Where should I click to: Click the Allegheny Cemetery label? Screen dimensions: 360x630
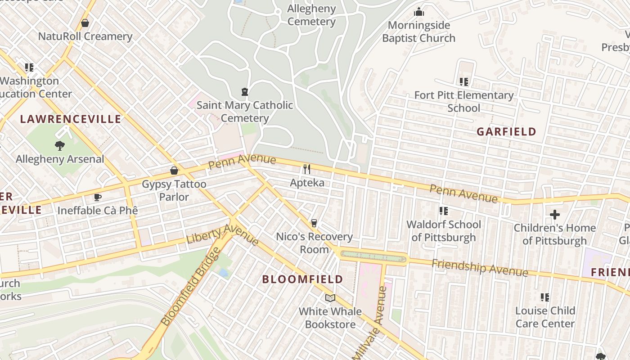[x=311, y=15]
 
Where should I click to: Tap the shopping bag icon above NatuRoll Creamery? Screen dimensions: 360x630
[x=85, y=22]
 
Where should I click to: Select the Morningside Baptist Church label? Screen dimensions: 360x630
[x=418, y=31]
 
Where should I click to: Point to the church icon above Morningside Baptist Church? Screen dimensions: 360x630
[x=419, y=12]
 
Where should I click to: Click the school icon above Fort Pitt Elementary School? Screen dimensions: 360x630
[x=463, y=82]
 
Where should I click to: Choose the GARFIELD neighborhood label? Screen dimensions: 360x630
[x=506, y=132]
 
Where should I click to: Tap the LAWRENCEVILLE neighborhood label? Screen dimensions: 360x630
[x=71, y=119]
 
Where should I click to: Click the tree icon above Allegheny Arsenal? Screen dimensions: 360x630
[x=59, y=146]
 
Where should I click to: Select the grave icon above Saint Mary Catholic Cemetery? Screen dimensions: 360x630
[x=244, y=92]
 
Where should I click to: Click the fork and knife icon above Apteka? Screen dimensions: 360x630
[x=307, y=169]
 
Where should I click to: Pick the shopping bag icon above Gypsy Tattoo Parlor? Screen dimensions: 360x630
[x=174, y=171]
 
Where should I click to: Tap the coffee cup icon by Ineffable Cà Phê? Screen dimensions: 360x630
[x=97, y=197]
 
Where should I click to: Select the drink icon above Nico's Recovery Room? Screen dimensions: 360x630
[x=314, y=223]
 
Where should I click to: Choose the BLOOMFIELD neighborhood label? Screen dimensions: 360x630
[x=302, y=279]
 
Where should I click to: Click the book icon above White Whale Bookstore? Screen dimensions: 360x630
[x=330, y=298]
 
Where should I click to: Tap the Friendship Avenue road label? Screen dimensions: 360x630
[x=480, y=268]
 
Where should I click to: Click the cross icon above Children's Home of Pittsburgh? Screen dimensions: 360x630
[x=555, y=215]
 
